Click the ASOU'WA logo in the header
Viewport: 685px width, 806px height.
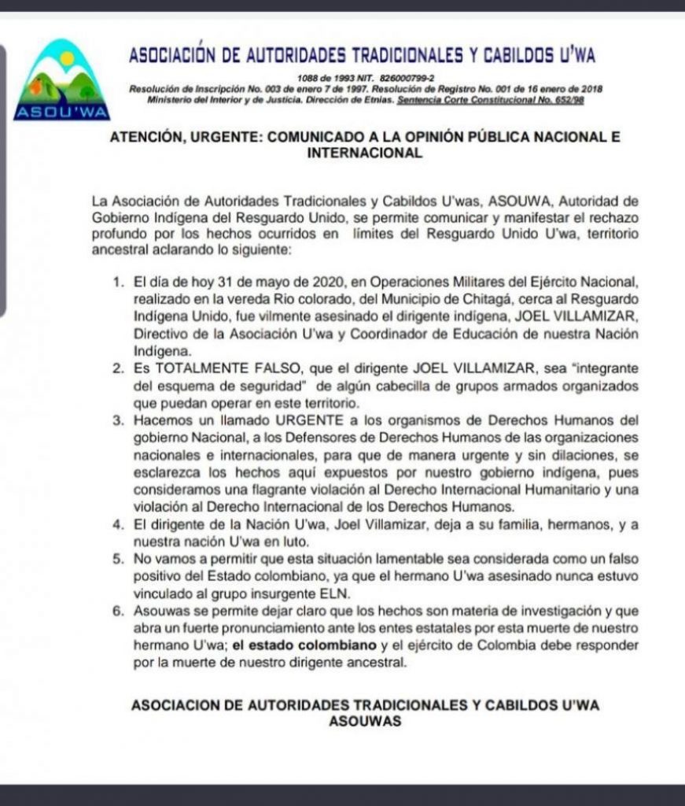click(64, 79)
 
